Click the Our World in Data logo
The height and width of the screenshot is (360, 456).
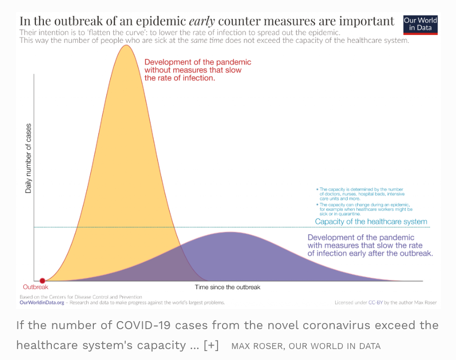click(x=420, y=24)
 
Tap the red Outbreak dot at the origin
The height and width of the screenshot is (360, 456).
click(x=42, y=281)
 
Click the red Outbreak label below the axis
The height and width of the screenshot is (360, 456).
click(x=35, y=287)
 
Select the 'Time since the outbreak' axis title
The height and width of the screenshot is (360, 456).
click(x=228, y=287)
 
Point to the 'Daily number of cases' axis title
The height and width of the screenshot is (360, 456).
click(x=28, y=158)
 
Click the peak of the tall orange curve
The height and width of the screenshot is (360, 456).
click(x=127, y=45)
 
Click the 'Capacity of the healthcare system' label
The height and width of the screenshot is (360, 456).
click(x=371, y=221)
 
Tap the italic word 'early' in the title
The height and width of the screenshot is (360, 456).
click(x=201, y=21)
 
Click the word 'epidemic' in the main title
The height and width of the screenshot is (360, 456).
click(x=159, y=21)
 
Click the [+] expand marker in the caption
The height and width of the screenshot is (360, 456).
click(x=212, y=346)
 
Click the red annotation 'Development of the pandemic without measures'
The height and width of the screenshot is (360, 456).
click(x=198, y=70)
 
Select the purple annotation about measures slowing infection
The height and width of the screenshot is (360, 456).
click(x=370, y=245)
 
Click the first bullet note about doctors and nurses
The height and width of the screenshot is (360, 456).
click(x=354, y=194)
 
